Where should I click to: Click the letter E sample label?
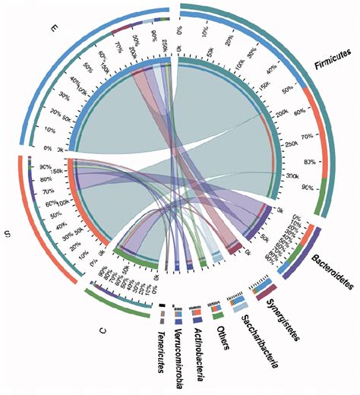tap(54, 30)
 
